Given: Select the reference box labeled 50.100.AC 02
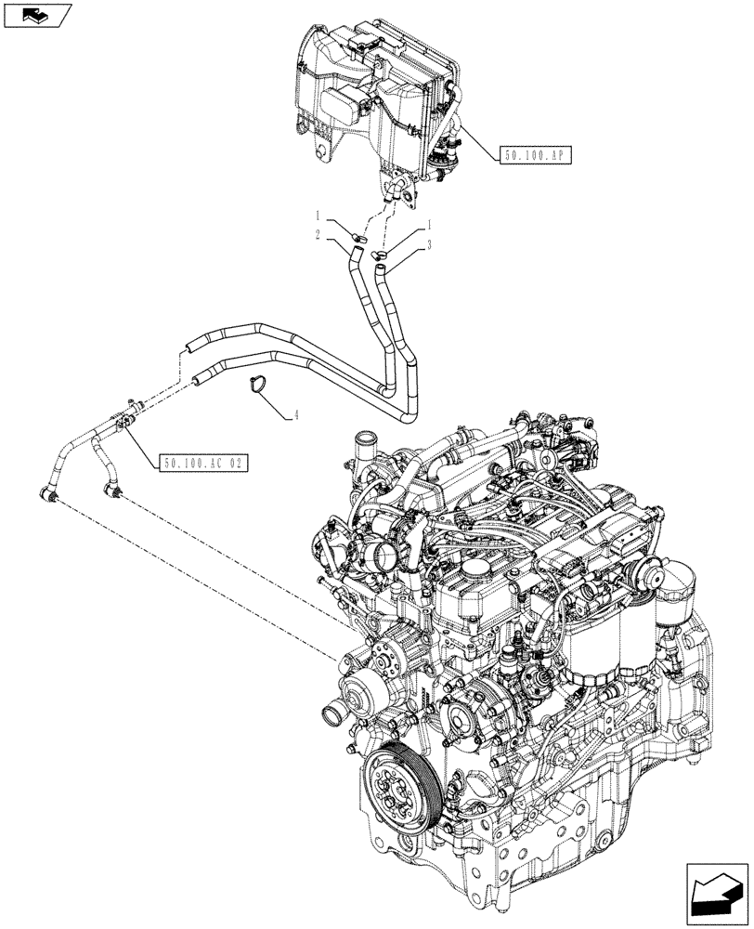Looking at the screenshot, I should [x=202, y=461].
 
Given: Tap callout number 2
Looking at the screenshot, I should [x=317, y=237].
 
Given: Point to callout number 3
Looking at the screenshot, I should [x=431, y=246].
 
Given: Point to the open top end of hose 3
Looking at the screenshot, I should [x=380, y=268].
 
